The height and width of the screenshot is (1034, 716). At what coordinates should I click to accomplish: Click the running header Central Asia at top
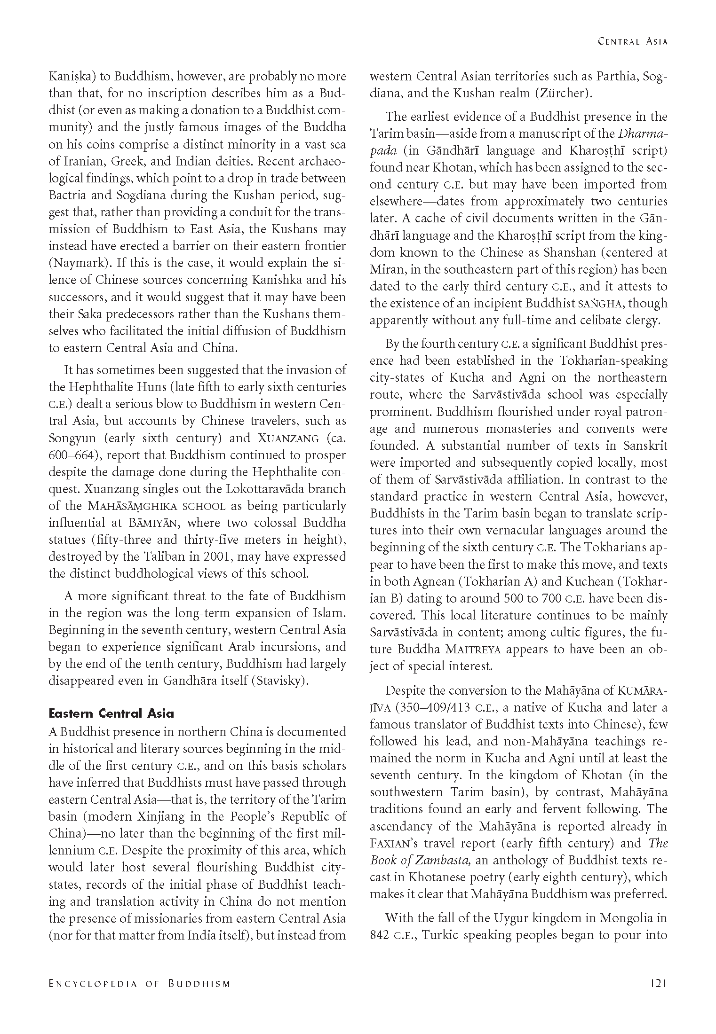point(633,41)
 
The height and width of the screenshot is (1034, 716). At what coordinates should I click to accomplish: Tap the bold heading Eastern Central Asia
point(111,713)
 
